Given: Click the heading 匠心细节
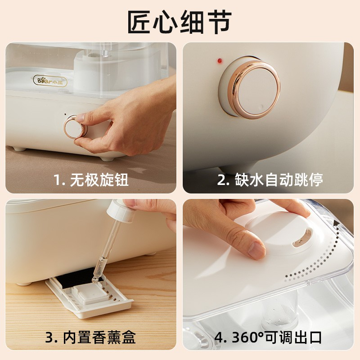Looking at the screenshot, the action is click(179, 22).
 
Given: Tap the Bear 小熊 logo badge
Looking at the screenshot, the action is click(50, 81).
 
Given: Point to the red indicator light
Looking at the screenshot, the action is click(220, 61).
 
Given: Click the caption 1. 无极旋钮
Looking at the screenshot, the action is click(91, 180).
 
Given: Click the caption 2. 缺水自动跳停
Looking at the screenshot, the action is click(270, 180).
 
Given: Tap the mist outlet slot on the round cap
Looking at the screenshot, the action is click(301, 239).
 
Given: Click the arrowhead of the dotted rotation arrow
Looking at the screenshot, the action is click(336, 223).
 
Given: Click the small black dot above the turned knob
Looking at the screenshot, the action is click(65, 114).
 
